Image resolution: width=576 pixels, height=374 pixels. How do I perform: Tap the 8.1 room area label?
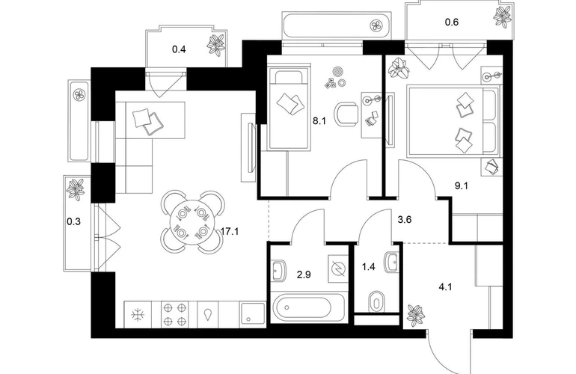point(297,117)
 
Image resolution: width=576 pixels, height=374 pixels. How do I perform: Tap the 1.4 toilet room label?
point(369,266)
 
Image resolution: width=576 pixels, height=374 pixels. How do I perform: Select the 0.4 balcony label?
point(179,50)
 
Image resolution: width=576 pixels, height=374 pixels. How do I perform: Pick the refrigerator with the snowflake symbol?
point(138,313)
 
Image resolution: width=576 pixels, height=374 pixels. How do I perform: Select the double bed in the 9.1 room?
point(452,120)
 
